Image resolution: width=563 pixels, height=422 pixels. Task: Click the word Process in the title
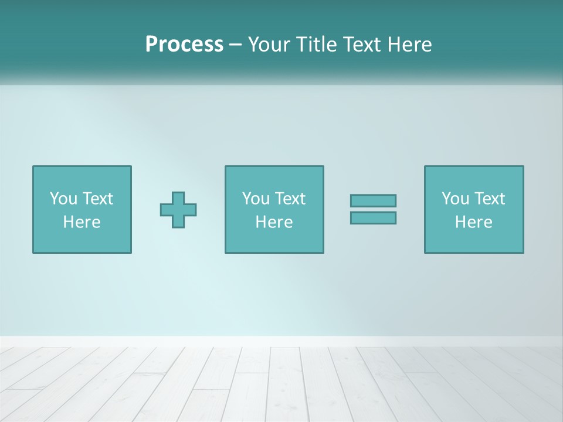[x=184, y=45]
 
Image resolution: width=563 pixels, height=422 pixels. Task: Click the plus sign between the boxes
[x=178, y=210]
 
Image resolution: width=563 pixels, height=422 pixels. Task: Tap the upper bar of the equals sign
[x=373, y=200]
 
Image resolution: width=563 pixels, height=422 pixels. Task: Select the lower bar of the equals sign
[x=373, y=218]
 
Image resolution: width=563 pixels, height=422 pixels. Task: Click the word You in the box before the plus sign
[x=63, y=199]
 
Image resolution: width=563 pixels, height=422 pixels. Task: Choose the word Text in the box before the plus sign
[x=97, y=199]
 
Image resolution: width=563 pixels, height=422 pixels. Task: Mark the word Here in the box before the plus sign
[x=82, y=222]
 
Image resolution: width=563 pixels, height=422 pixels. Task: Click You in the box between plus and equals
[x=256, y=199]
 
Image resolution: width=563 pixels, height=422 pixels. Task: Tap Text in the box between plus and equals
[x=289, y=199]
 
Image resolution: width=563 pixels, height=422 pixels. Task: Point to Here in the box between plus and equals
[x=274, y=222]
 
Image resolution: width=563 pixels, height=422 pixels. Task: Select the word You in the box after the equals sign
[x=455, y=199]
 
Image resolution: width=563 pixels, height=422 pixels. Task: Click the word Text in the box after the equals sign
[x=489, y=199]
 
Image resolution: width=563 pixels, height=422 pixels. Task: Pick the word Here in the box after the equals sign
[x=473, y=222]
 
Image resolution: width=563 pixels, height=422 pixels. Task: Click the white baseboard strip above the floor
[x=281, y=341]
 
